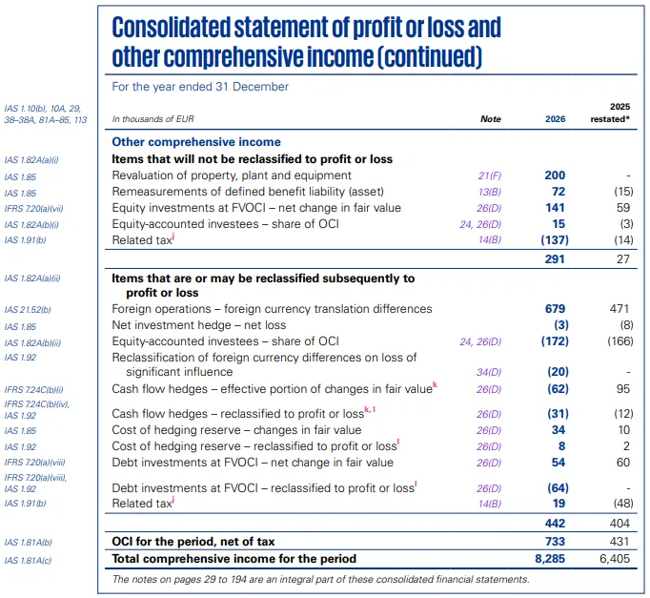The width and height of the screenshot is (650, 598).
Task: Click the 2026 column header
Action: [555, 119]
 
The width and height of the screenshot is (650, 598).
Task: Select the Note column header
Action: [490, 119]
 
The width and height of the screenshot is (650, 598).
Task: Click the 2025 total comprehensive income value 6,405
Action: [612, 558]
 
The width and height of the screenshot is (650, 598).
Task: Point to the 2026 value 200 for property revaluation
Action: [555, 175]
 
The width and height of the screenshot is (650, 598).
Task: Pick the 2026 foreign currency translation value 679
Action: [555, 309]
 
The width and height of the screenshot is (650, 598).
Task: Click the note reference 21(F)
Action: [489, 175]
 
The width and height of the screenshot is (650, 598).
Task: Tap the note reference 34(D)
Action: [489, 373]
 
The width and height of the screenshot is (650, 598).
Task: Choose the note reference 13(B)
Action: [489, 192]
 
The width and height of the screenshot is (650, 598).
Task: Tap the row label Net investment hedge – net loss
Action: [199, 325]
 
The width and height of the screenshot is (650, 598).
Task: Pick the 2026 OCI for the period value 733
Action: [555, 541]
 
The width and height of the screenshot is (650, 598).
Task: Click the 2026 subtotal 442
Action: [555, 524]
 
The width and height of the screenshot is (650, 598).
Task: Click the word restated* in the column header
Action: [611, 119]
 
